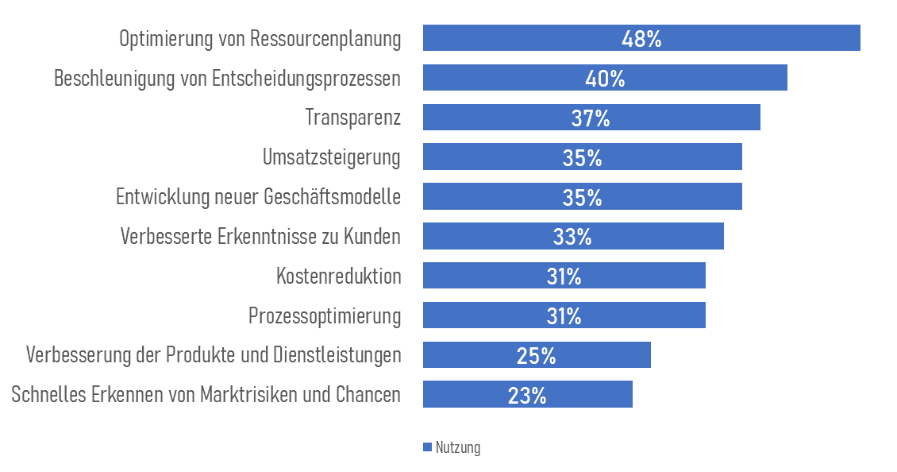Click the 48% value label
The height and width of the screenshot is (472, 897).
[641, 39]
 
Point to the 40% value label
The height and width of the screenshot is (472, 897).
[605, 79]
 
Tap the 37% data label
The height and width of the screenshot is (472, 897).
[591, 118]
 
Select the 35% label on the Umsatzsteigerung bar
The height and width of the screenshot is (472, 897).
[582, 157]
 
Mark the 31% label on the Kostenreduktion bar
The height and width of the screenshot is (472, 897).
[564, 277]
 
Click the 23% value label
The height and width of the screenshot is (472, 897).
[527, 396]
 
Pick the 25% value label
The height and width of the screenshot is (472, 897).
[536, 356]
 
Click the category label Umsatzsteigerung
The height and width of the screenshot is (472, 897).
[331, 157]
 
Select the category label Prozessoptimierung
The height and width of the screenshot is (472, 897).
[324, 316]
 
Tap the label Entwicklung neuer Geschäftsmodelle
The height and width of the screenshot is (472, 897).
[258, 197]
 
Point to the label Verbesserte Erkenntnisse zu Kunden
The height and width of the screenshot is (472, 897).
[260, 237]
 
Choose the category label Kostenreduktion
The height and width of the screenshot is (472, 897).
[338, 277]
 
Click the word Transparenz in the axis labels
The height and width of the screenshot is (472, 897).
[352, 118]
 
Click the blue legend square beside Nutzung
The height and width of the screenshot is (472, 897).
[427, 447]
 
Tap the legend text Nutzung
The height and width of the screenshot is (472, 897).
[458, 447]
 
